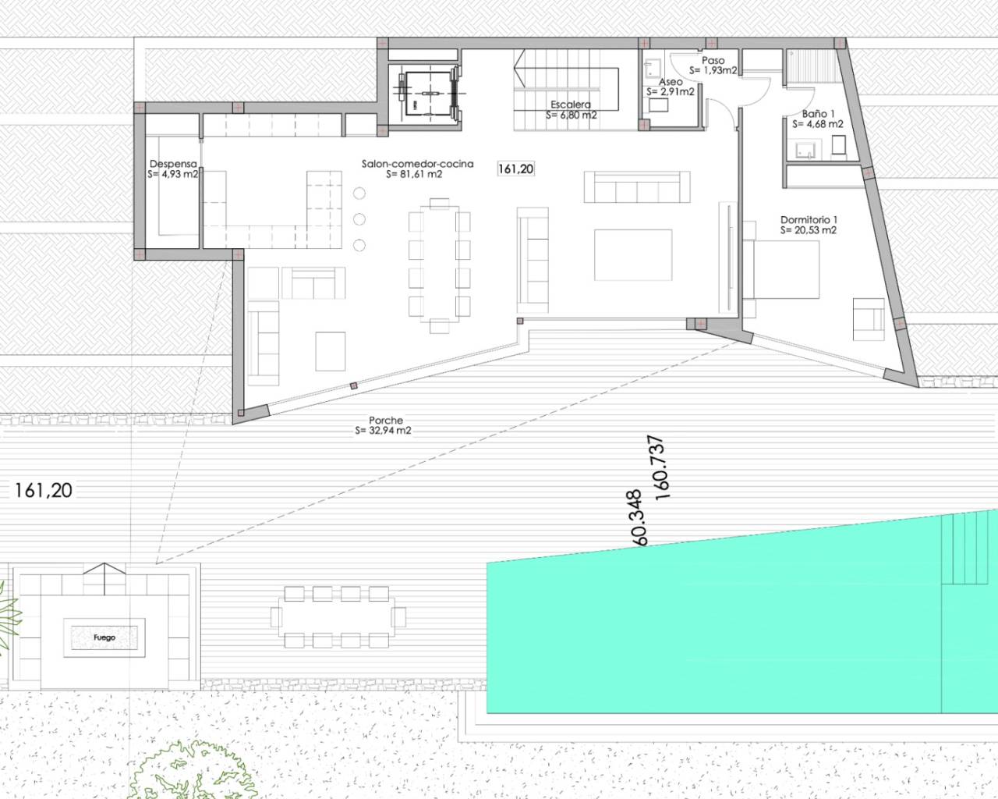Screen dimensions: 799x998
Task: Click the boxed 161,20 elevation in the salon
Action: click(x=516, y=169)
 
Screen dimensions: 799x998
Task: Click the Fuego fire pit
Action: click(x=104, y=637)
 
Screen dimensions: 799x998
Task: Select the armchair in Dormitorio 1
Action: click(x=868, y=318)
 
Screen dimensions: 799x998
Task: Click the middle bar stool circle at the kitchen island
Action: click(x=359, y=219)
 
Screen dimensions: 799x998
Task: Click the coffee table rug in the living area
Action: click(x=633, y=254)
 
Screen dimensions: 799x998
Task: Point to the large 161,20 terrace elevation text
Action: click(x=44, y=490)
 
